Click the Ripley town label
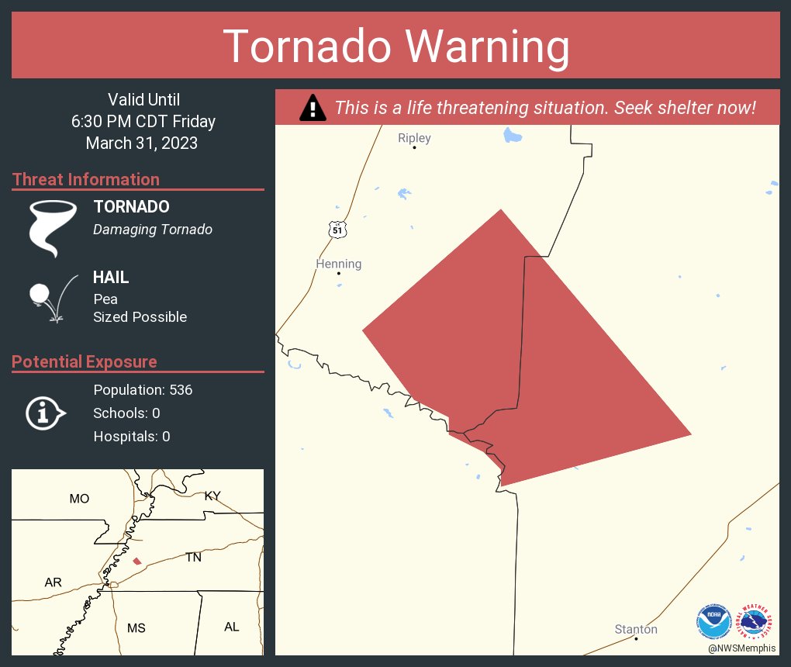[414, 138]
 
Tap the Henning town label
[339, 264]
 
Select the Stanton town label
[636, 629]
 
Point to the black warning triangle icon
[313, 108]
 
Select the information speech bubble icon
[46, 413]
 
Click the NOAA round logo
[713, 621]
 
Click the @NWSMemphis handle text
[741, 648]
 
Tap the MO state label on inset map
[79, 499]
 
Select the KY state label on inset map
[212, 496]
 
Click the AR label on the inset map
[53, 582]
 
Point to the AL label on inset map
[231, 627]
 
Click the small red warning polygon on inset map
[137, 561]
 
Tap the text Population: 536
[143, 389]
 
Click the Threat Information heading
[86, 179]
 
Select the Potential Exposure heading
[85, 361]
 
